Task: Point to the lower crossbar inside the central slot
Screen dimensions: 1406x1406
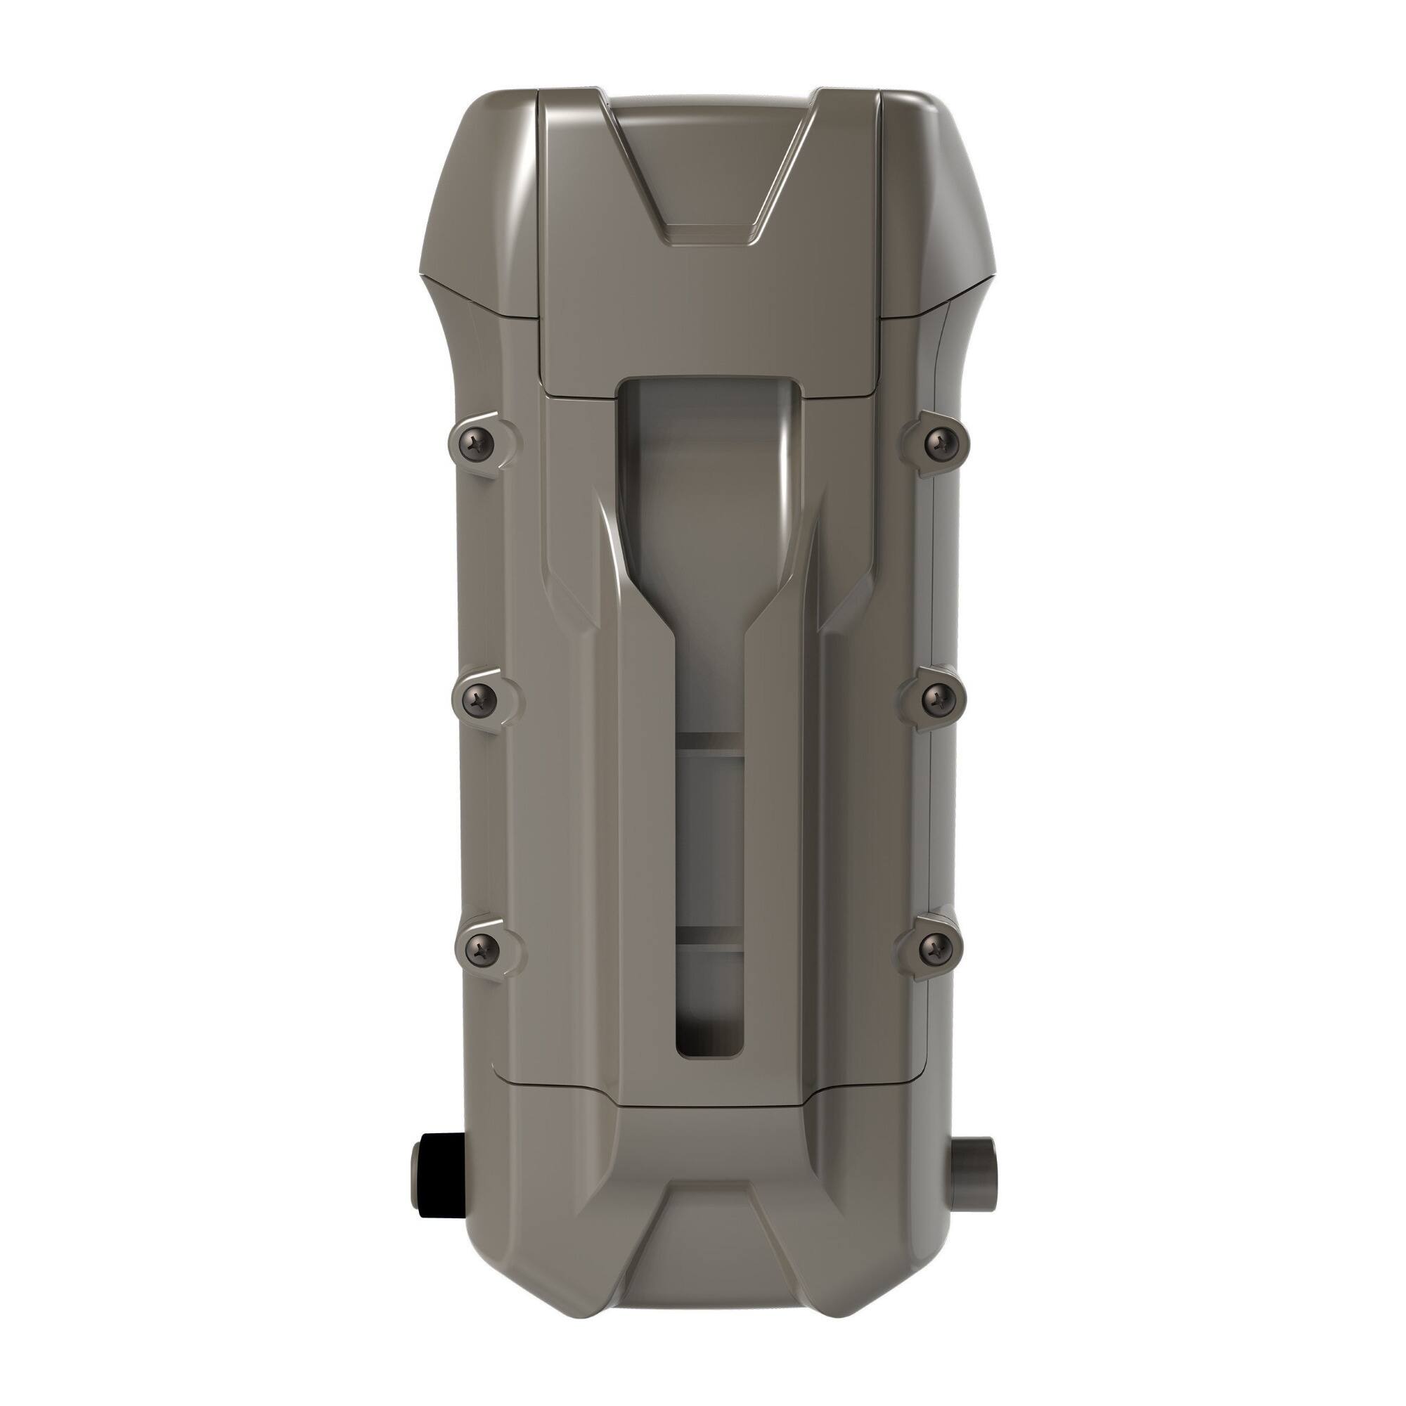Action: pos(710,938)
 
